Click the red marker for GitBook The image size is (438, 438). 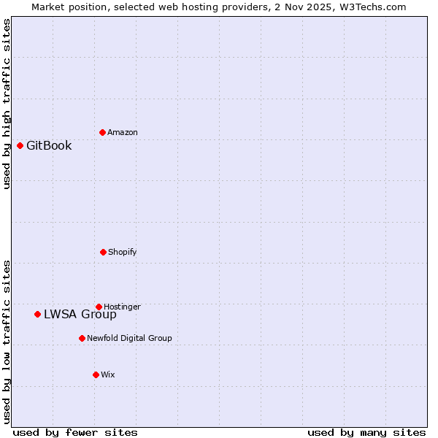pos(20,145)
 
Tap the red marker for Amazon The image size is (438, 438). pos(102,132)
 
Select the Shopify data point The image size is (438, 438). pos(103,252)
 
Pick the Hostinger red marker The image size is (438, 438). pos(99,307)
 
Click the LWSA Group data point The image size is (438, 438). pos(37,314)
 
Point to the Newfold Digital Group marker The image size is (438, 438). pos(82,338)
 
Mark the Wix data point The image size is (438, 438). pos(96,374)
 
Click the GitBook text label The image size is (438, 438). pos(49,145)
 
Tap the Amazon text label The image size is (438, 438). pos(123,132)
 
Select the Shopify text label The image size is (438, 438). pos(123,252)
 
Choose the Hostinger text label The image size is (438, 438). pos(122,307)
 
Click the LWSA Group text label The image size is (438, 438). pos(80,315)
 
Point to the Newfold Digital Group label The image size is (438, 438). pos(129,338)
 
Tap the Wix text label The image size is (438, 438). pos(108,374)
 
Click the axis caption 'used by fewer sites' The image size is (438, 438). pos(75,432)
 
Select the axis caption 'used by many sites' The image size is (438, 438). pos(366,432)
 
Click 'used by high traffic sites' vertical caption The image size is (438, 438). pos(7,104)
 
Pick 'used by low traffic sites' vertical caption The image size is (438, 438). pos(7,341)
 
